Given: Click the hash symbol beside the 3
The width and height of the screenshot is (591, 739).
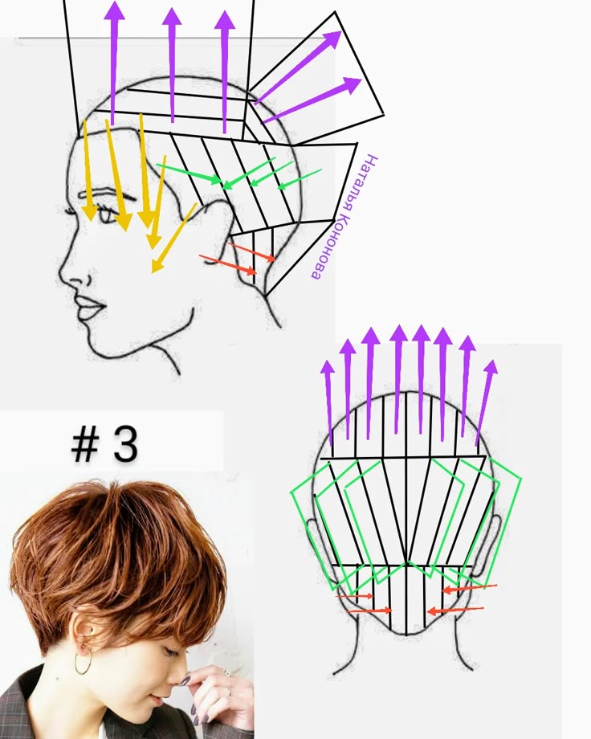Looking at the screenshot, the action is (84, 445).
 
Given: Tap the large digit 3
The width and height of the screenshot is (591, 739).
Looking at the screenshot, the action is (125, 443).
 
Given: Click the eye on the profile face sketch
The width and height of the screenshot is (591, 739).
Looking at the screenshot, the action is (104, 214).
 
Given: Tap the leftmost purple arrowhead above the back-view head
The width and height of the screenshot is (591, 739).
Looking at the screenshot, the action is (328, 368).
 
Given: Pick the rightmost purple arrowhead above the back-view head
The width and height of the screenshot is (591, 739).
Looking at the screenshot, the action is (491, 368).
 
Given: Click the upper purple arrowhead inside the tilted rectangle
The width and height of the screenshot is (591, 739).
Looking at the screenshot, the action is (332, 39).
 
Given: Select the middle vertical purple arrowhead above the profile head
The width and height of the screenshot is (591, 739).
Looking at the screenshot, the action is (172, 17).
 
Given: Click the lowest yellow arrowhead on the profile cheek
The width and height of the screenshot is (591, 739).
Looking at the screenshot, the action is (157, 264).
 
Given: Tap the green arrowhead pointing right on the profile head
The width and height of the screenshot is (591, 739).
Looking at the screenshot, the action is (215, 179).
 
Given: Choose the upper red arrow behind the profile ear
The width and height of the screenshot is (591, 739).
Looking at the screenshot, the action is (252, 251).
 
